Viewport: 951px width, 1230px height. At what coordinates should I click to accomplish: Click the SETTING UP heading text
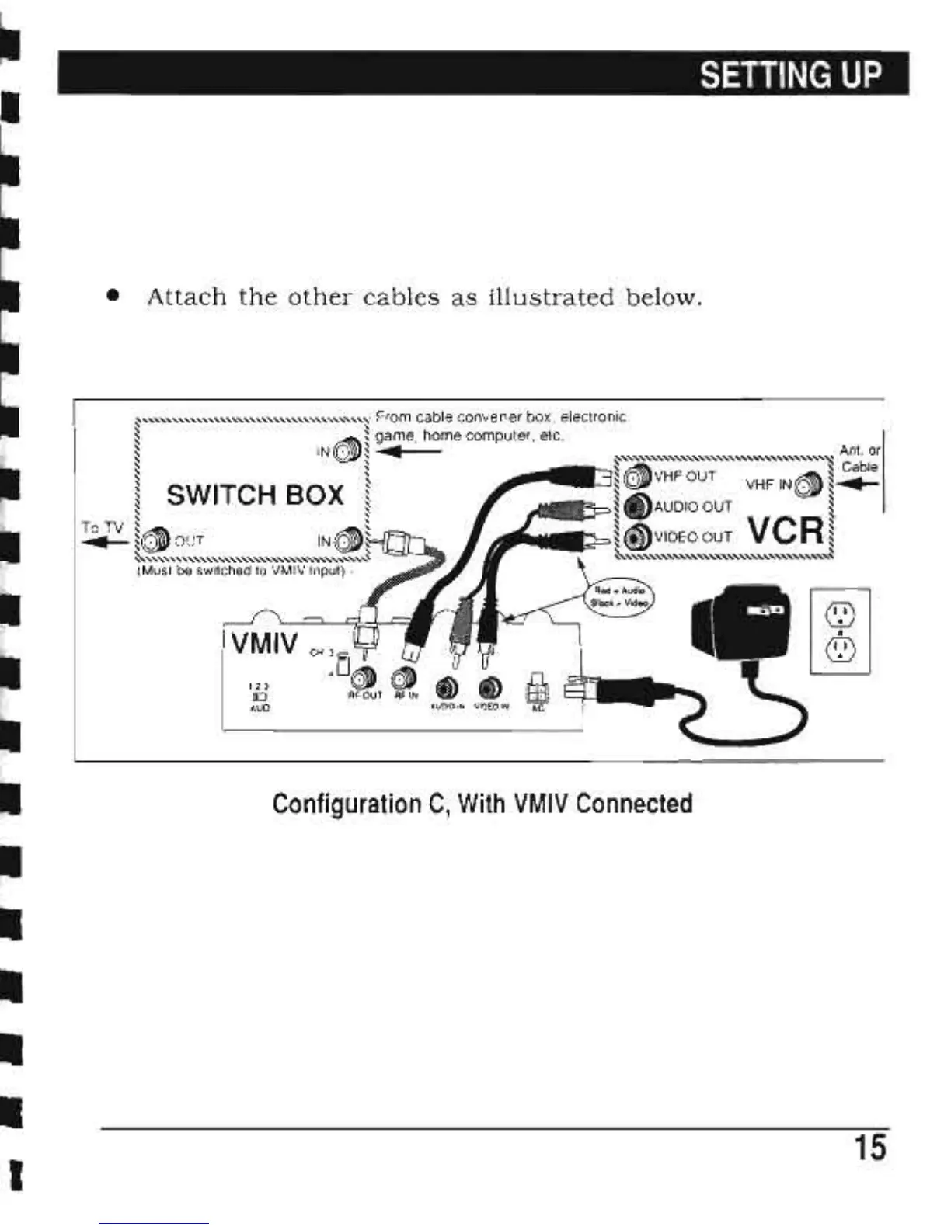tap(791, 75)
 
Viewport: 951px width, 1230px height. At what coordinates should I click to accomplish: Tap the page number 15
tap(869, 1147)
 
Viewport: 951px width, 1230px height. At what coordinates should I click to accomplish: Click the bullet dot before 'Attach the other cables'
tap(113, 296)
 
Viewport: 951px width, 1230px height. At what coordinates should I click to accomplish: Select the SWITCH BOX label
tap(255, 495)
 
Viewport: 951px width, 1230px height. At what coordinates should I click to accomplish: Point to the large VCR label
tap(785, 531)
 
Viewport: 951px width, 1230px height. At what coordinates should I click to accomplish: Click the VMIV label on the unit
tap(263, 643)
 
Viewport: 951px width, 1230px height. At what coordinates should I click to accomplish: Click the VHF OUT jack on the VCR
tap(637, 475)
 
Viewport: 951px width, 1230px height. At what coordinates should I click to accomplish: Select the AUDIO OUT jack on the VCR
tap(637, 506)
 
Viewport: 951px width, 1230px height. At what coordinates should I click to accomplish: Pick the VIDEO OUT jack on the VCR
tap(637, 537)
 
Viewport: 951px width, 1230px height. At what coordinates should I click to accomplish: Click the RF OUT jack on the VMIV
tap(364, 677)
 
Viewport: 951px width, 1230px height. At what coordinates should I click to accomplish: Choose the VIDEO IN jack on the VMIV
tap(489, 687)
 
